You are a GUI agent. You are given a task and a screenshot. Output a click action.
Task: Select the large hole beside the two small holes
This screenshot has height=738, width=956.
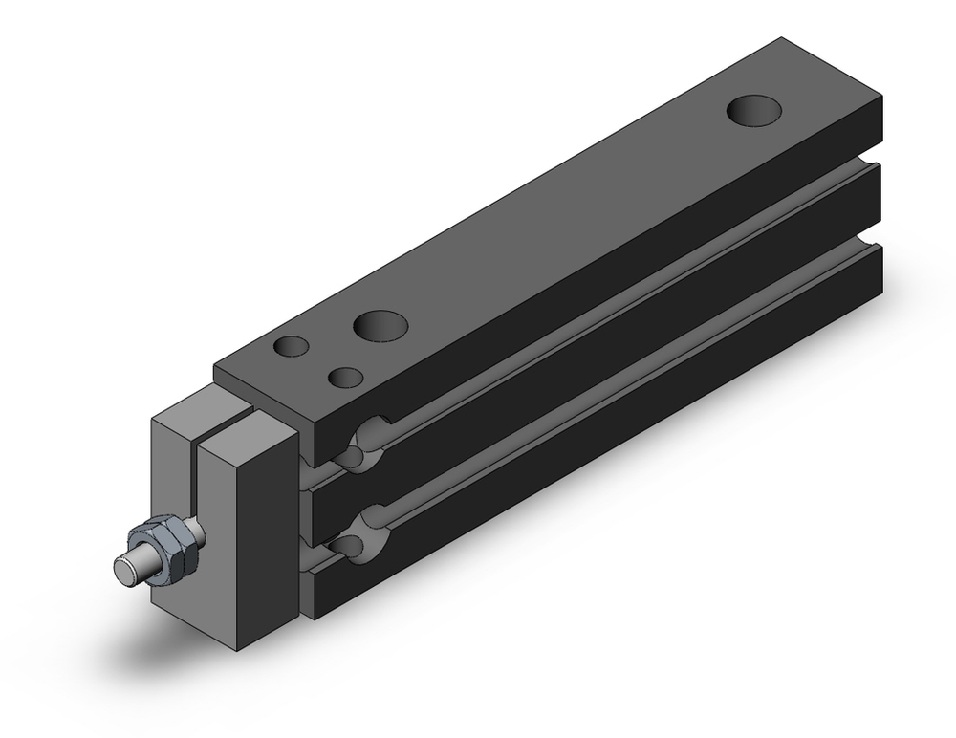point(378,325)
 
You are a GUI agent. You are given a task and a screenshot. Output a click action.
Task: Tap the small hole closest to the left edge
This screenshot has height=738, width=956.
point(291,346)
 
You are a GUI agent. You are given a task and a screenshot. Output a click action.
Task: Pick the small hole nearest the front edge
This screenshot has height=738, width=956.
point(344,377)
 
